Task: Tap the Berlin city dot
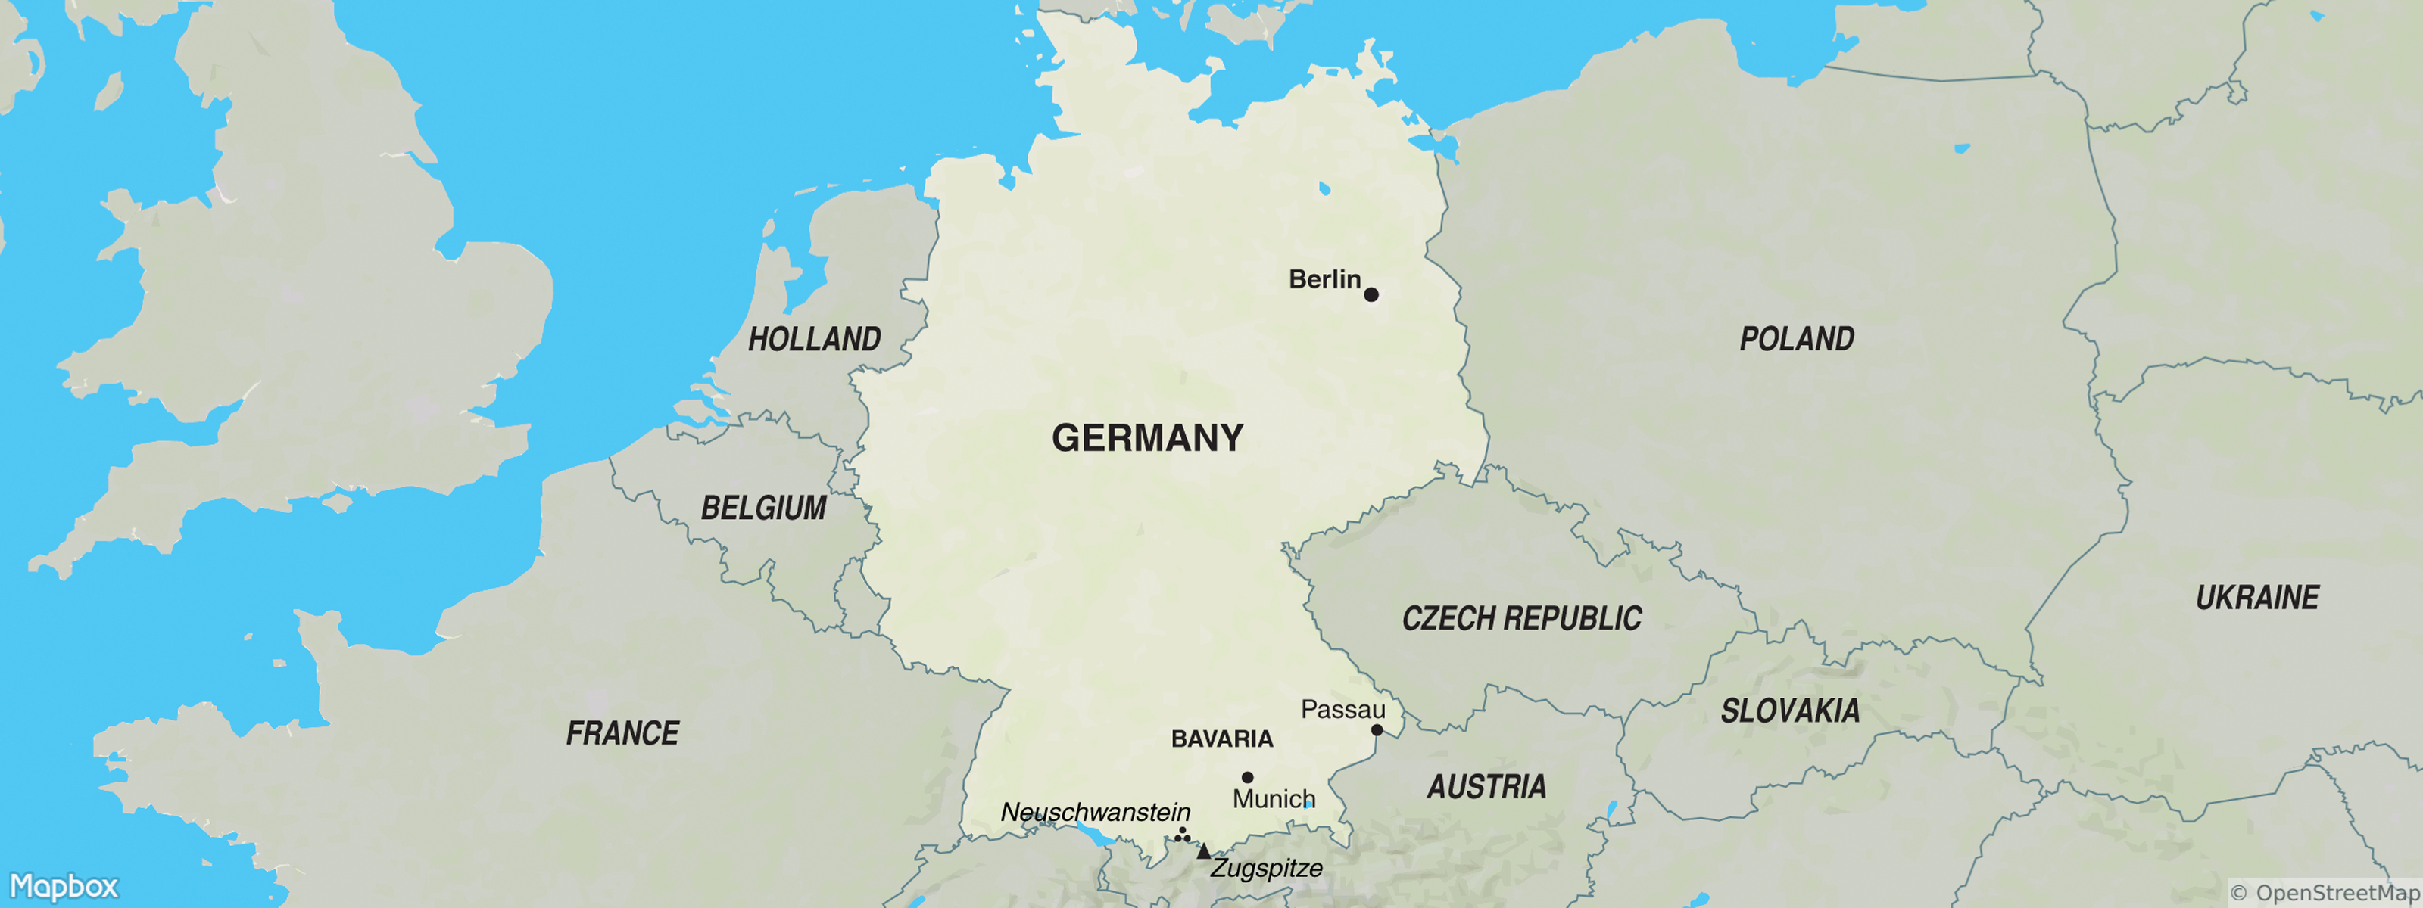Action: pyautogui.click(x=1371, y=295)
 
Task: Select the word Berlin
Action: pyautogui.click(x=1324, y=279)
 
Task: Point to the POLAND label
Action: pyautogui.click(x=1797, y=338)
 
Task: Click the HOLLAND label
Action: pyautogui.click(x=814, y=338)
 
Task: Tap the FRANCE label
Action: pyautogui.click(x=622, y=733)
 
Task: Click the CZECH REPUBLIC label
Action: pyautogui.click(x=1521, y=618)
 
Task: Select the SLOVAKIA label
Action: pyautogui.click(x=1789, y=711)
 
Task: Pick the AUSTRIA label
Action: pyautogui.click(x=1486, y=787)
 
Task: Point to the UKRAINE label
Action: pyautogui.click(x=2256, y=598)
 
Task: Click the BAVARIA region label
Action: pyautogui.click(x=1222, y=739)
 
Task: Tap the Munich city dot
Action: pyautogui.click(x=1247, y=777)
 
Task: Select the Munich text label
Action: pyautogui.click(x=1273, y=799)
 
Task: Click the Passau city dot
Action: pyautogui.click(x=1377, y=730)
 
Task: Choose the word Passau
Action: pyautogui.click(x=1342, y=710)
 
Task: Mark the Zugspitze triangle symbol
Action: pyautogui.click(x=1203, y=851)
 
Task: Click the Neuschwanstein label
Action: pyautogui.click(x=1095, y=811)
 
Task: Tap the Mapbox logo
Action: pyautogui.click(x=64, y=886)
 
